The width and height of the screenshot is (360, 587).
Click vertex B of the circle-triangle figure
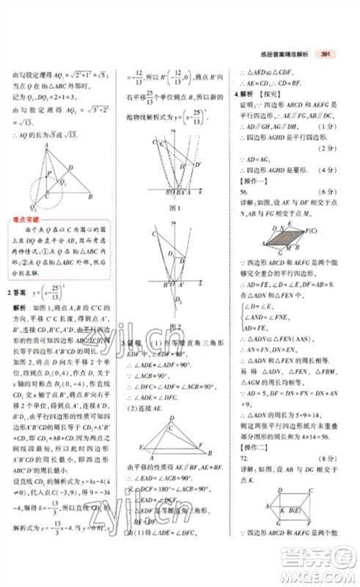click(x=90, y=197)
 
